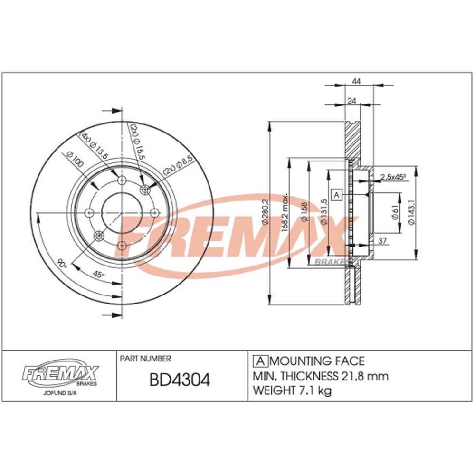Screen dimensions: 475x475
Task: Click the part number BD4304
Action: pos(179,380)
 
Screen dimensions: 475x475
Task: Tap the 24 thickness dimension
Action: pos(351,100)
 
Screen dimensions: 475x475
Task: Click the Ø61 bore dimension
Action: pos(395,211)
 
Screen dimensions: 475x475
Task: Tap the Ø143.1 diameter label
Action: pos(411,212)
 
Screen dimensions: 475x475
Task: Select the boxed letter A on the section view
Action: pos(337,195)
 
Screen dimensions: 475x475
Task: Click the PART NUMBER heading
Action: pos(146,359)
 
